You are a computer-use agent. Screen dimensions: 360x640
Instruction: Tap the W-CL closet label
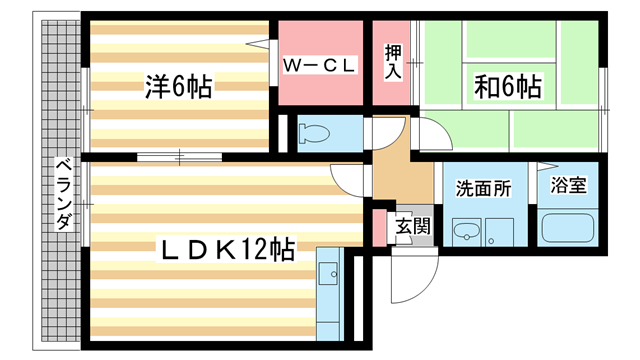click(x=320, y=66)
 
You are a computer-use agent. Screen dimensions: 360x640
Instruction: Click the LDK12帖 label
click(x=228, y=249)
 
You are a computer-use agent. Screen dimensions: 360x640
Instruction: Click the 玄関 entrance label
click(x=411, y=225)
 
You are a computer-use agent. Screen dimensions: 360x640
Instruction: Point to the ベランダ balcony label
click(x=62, y=194)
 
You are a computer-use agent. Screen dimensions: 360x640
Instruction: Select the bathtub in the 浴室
click(x=568, y=229)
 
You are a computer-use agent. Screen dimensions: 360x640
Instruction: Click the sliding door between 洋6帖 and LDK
click(x=180, y=156)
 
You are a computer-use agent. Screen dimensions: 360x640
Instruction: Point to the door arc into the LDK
click(x=350, y=179)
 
